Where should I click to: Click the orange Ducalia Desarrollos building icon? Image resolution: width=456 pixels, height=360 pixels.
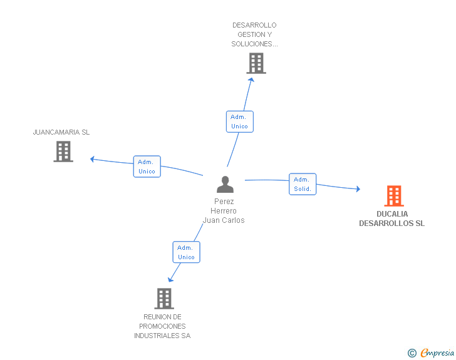(393, 196)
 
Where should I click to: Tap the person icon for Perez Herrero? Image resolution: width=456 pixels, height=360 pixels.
(225, 184)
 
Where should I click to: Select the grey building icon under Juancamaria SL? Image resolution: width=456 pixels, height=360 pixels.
(63, 152)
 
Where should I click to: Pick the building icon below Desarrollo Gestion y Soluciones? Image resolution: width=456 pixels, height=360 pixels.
(256, 63)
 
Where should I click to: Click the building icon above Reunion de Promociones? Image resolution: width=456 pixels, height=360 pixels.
(164, 299)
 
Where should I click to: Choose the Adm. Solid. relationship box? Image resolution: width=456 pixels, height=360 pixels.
(303, 184)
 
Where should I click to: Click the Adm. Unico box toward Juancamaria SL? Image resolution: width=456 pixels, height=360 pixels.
(147, 167)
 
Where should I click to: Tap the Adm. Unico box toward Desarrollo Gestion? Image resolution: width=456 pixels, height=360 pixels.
(239, 121)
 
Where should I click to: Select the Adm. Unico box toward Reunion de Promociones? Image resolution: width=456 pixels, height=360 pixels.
(186, 252)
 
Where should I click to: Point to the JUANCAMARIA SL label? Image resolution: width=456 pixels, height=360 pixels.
(61, 132)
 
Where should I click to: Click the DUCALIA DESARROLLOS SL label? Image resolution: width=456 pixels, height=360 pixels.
(391, 219)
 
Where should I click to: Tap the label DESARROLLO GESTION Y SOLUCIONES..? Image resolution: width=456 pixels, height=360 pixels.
(254, 34)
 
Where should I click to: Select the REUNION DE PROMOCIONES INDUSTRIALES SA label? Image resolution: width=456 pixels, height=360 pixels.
(162, 326)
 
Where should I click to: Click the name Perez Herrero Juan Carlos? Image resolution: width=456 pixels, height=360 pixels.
(224, 211)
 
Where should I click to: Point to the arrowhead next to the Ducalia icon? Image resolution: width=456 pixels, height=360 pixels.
(358, 188)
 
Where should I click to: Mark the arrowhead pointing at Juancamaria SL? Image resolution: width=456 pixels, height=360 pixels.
(92, 158)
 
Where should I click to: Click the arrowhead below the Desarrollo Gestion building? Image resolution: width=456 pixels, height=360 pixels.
(251, 79)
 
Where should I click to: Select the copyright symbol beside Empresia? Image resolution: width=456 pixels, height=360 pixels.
(412, 353)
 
